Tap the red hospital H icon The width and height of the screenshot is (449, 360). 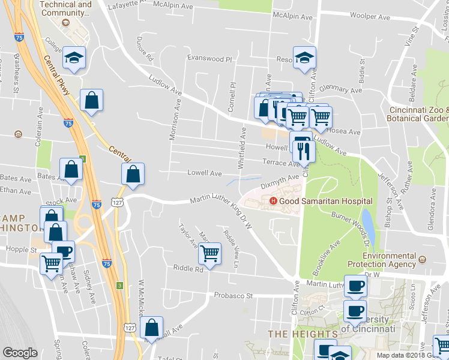tap(274, 201)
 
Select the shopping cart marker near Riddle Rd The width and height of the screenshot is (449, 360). tap(209, 254)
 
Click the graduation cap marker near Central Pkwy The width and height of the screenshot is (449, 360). tap(74, 58)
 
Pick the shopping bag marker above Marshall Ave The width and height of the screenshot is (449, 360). tap(152, 328)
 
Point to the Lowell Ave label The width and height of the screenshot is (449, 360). tap(205, 173)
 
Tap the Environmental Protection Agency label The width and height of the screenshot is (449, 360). tap(390, 260)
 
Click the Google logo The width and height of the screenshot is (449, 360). tap(20, 353)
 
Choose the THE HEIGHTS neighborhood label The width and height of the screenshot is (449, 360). tap(303, 334)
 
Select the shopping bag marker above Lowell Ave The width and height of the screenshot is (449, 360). tap(133, 175)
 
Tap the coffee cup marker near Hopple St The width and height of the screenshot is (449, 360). tap(63, 251)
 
